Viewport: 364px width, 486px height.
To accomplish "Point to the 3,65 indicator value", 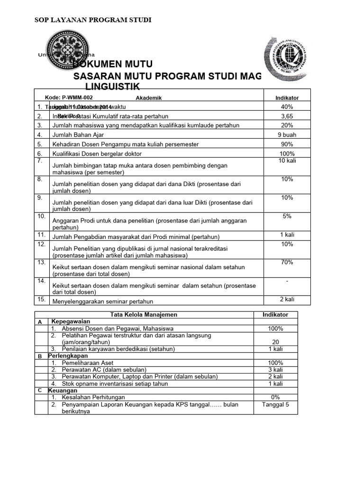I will (287, 116).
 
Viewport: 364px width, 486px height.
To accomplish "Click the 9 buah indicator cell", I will (287, 135).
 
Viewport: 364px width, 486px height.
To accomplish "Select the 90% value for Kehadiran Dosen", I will (287, 144).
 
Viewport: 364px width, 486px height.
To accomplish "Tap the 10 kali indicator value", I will (287, 162).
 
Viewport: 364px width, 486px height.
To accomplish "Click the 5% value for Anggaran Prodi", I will (287, 216).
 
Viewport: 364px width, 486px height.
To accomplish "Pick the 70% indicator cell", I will (287, 262).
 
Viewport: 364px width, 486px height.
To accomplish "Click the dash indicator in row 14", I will (287, 281).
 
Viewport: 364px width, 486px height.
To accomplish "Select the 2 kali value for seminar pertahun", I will (287, 299).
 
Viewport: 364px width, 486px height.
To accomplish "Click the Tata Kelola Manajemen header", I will (144, 315).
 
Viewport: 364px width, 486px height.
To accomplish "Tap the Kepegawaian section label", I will (71, 321).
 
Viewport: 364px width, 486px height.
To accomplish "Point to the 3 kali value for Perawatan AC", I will (275, 369).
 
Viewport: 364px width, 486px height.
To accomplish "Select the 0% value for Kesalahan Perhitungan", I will (275, 397).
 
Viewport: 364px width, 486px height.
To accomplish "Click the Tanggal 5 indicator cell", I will (275, 405).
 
